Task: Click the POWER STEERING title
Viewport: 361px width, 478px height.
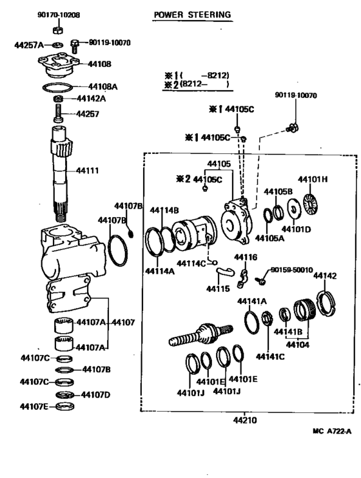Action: tap(191, 14)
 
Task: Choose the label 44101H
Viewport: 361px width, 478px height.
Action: tap(313, 179)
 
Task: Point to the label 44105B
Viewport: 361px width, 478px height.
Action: tap(278, 191)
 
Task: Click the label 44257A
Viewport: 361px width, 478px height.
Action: tap(28, 45)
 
